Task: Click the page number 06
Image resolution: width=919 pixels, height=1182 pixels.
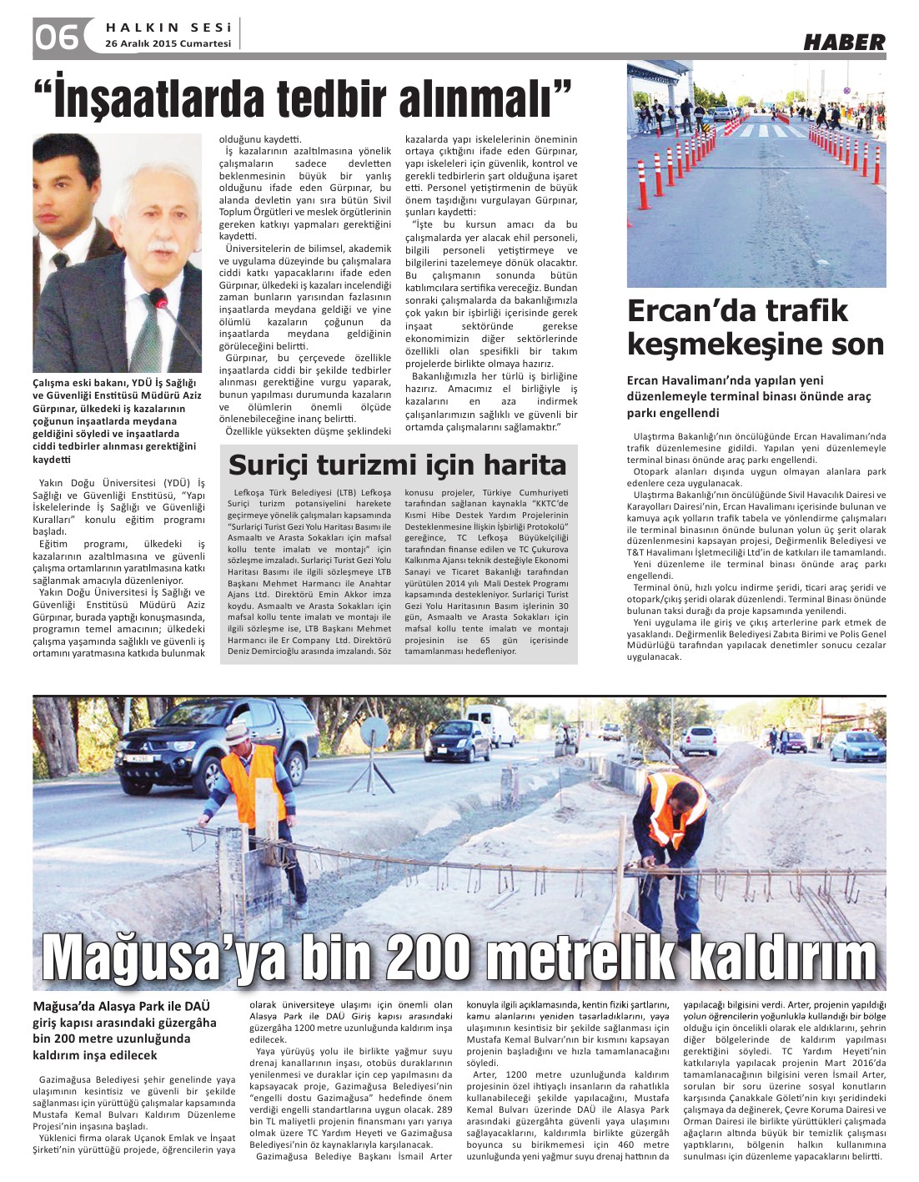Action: tap(57, 37)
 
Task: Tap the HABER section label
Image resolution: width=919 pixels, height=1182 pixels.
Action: tap(844, 42)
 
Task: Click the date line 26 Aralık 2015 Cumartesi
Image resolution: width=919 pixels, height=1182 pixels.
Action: tap(168, 43)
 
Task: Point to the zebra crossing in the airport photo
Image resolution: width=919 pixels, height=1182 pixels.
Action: tap(767, 130)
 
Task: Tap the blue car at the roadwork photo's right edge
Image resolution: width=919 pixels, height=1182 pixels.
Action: tap(859, 745)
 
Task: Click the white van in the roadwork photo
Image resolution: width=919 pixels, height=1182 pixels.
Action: tap(494, 722)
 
